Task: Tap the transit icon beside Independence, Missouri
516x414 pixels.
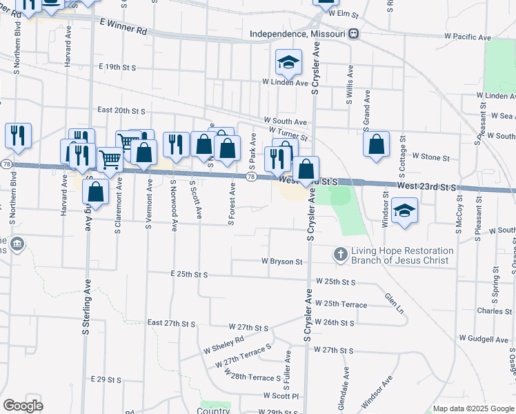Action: coord(353,33)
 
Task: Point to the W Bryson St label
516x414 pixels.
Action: coord(282,262)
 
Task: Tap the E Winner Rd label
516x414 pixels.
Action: coord(123,27)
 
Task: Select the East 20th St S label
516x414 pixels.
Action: coord(121,110)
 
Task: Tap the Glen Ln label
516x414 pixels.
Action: coord(394,302)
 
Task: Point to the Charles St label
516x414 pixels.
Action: coord(494,311)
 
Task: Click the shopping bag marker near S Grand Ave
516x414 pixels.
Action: coord(376,145)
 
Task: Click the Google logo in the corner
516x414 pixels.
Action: coord(23,406)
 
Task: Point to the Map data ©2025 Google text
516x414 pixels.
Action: coord(473,408)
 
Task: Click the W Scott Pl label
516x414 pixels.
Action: coord(280,396)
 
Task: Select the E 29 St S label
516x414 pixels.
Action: coord(106,380)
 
